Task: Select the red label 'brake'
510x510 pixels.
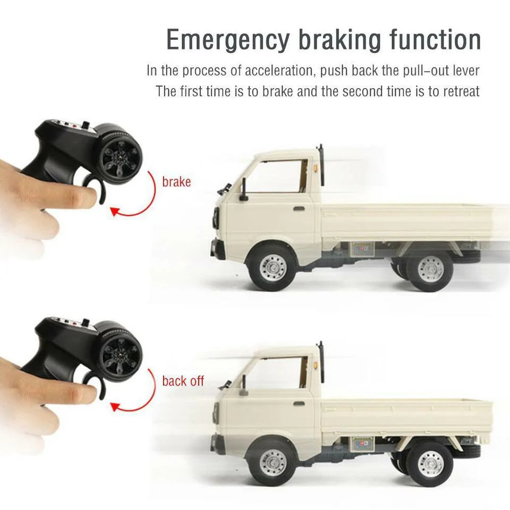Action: point(176,182)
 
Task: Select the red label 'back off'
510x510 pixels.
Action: point(183,381)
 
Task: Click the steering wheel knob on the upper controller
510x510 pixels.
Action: point(120,155)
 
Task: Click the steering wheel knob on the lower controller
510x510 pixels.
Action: point(121,353)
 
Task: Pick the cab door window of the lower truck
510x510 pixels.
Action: point(278,372)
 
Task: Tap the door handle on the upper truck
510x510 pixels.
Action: point(299,209)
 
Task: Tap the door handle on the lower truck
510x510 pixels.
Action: point(299,403)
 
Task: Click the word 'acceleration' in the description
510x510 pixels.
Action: point(279,71)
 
